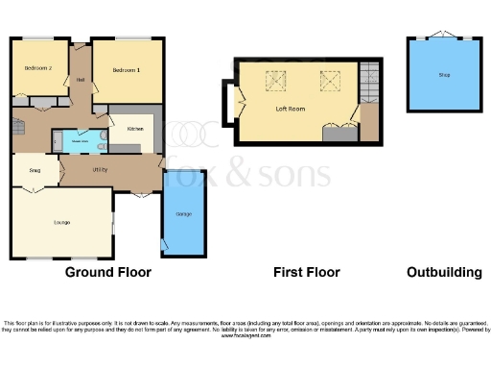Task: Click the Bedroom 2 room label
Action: (x=38, y=68)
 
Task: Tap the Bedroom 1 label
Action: (x=126, y=70)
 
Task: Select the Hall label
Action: (x=81, y=79)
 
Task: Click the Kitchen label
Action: (x=135, y=128)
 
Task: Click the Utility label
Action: (x=99, y=169)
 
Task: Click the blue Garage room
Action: (x=182, y=213)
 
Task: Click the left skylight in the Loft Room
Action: (x=272, y=79)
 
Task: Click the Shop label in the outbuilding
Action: (x=444, y=74)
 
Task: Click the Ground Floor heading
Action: (x=107, y=272)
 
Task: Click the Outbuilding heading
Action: (x=443, y=272)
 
